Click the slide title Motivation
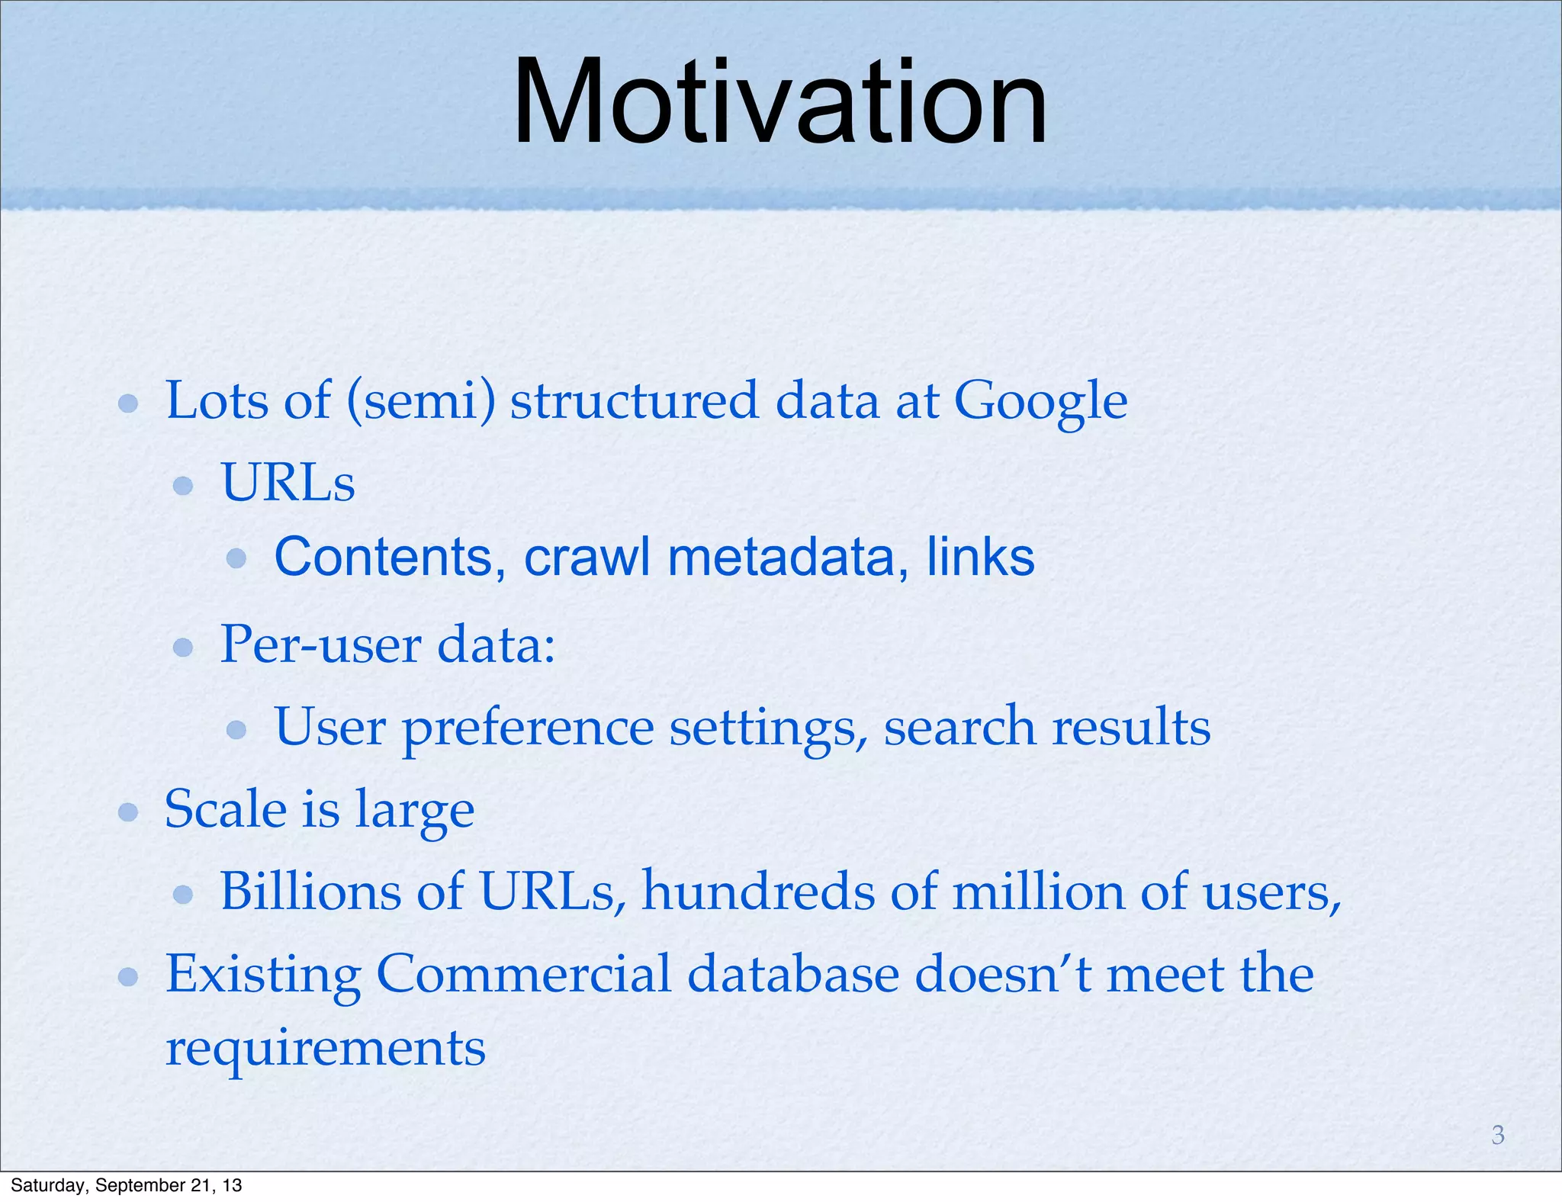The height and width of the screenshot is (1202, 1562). [779, 103]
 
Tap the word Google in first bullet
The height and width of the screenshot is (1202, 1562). [1040, 401]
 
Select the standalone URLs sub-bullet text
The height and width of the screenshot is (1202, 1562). [288, 484]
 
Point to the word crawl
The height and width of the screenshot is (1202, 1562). [587, 557]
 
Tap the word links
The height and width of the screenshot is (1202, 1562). [980, 557]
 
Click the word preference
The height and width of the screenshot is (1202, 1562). [528, 728]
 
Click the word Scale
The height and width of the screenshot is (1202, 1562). [225, 809]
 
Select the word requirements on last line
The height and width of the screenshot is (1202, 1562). [326, 1049]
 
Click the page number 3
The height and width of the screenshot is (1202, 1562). [1498, 1135]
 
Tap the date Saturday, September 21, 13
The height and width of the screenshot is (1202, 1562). [127, 1185]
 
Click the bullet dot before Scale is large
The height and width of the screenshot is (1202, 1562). [128, 812]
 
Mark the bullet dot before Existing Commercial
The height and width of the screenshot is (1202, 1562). [128, 976]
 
